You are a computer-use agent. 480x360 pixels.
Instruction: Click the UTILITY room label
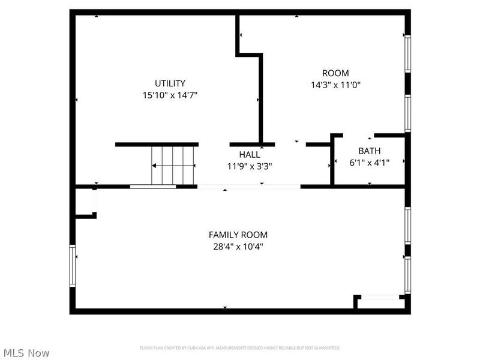[170, 83]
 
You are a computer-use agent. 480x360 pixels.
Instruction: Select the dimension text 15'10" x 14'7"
[170, 95]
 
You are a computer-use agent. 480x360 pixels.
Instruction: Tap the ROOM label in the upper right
[335, 73]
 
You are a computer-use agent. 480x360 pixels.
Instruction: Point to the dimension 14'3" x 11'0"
[335, 85]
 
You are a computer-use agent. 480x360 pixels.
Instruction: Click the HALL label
[250, 155]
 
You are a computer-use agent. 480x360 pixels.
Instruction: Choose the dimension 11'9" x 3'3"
[250, 166]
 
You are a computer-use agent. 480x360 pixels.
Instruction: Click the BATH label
[369, 151]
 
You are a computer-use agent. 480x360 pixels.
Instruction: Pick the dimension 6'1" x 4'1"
[369, 162]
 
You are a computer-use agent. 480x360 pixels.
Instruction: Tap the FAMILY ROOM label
[238, 235]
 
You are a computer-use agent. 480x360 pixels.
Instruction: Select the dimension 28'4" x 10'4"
[238, 246]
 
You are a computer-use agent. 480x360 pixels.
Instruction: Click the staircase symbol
[173, 166]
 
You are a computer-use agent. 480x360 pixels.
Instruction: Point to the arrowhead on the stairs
[155, 166]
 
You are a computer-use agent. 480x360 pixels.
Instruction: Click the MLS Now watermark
[26, 353]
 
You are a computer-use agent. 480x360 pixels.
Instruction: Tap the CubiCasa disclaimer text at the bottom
[240, 348]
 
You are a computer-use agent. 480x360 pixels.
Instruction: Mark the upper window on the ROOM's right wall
[407, 54]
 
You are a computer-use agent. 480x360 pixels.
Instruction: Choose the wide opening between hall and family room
[248, 187]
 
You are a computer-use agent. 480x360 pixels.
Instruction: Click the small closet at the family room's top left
[85, 202]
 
